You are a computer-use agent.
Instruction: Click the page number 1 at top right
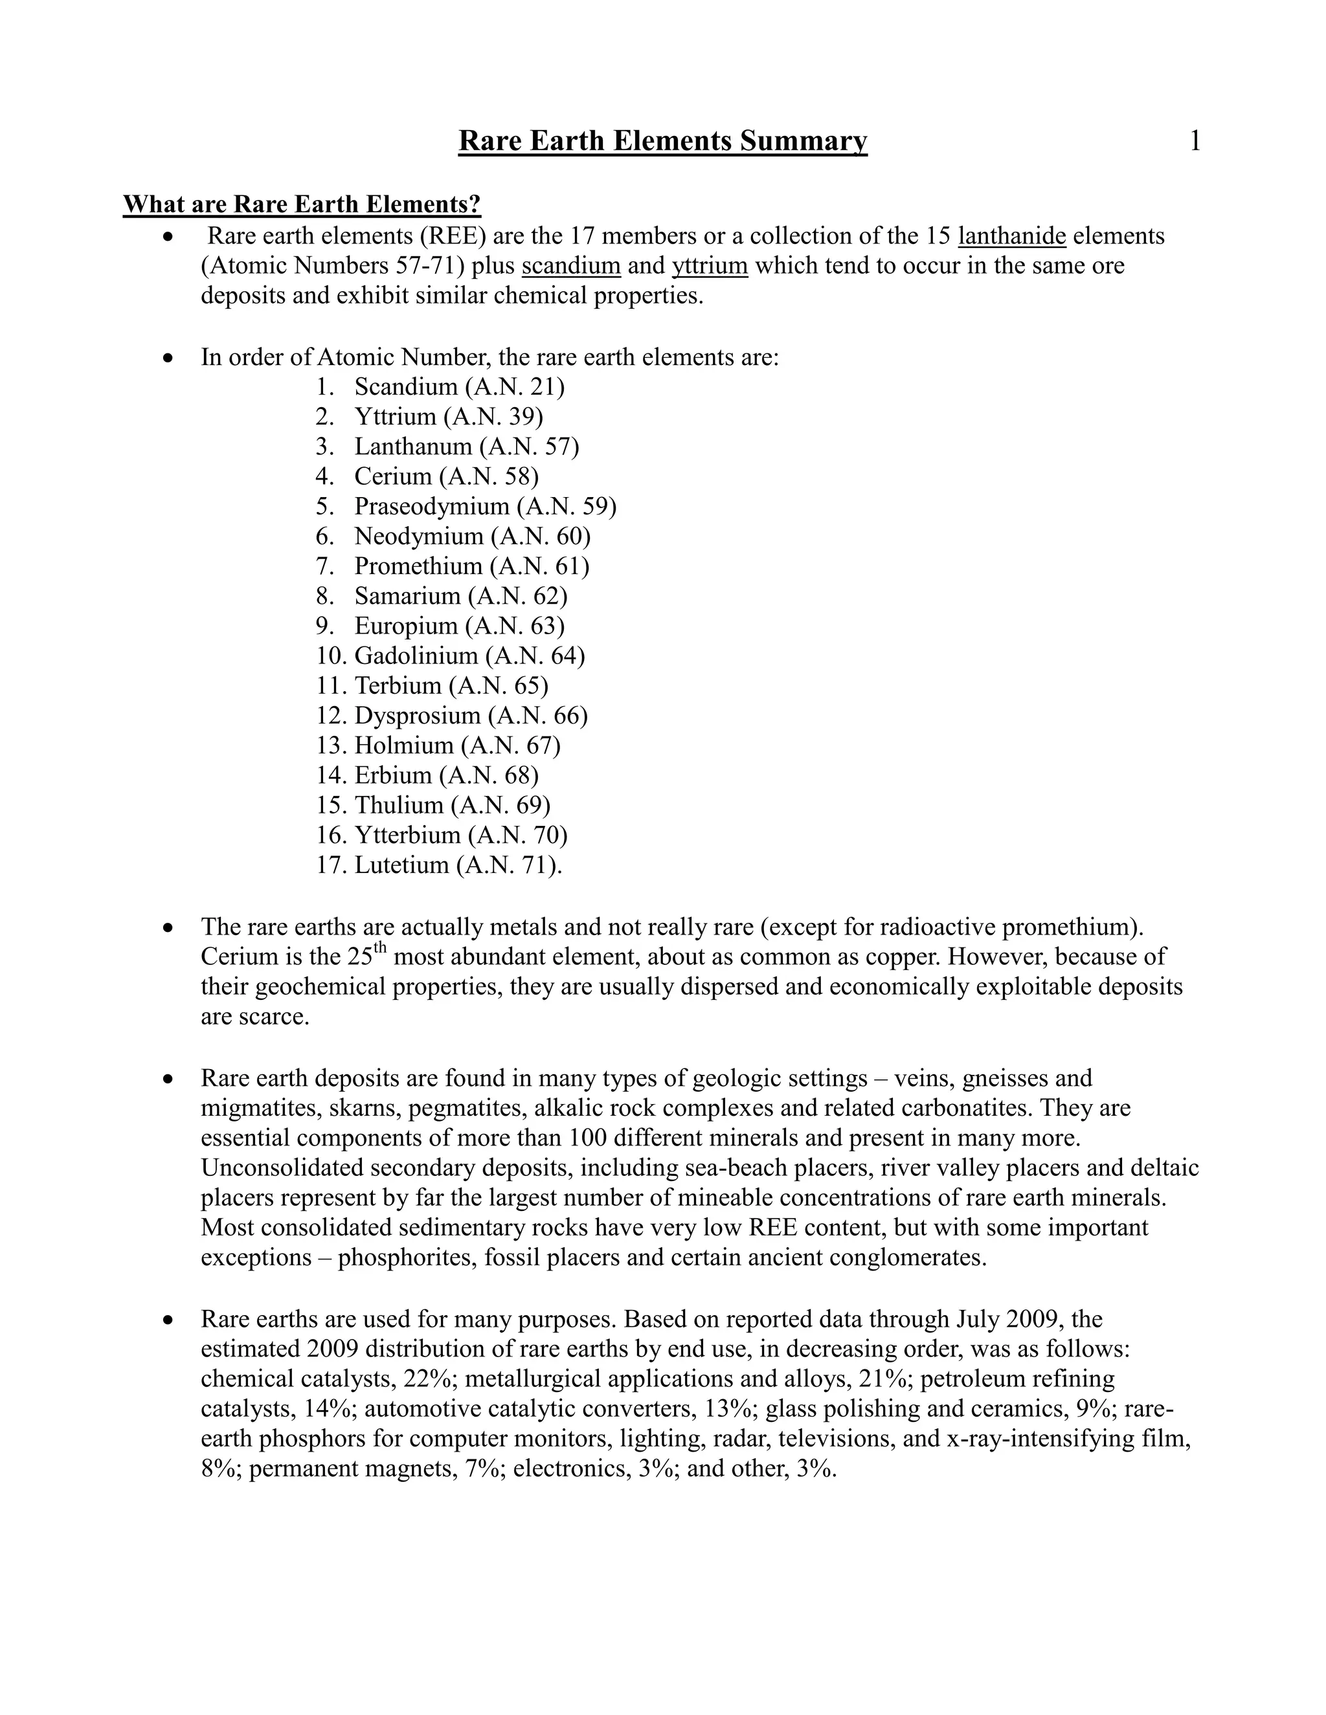click(x=1194, y=141)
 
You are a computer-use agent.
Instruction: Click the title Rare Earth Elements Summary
click(x=662, y=141)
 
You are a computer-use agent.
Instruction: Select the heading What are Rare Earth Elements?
click(x=302, y=205)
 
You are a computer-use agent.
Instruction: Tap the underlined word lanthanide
click(x=1012, y=236)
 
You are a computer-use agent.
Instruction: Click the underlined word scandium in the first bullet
click(x=571, y=265)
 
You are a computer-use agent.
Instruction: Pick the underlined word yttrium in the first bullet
click(x=710, y=265)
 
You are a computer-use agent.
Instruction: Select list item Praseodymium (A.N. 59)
click(x=485, y=507)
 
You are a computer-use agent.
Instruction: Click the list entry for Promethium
click(x=471, y=566)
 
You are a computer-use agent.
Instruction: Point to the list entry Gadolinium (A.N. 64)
click(x=469, y=656)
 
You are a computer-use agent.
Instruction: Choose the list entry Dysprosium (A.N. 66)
click(x=471, y=715)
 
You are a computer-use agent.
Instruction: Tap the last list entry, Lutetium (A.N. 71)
click(x=458, y=865)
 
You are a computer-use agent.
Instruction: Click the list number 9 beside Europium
click(x=324, y=626)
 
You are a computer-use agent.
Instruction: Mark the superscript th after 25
click(x=381, y=948)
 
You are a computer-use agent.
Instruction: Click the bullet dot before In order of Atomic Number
click(x=167, y=358)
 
